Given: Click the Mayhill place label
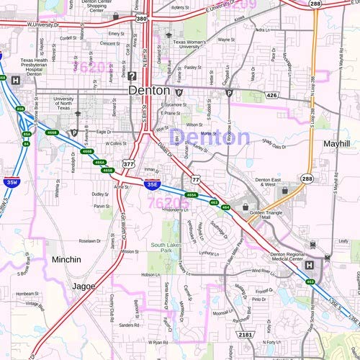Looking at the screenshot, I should click(x=336, y=143).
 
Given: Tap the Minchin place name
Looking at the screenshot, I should click(x=67, y=259).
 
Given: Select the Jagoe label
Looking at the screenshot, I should click(x=84, y=286).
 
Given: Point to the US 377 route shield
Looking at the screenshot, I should click(x=128, y=164).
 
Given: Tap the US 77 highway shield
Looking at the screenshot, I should click(x=195, y=178).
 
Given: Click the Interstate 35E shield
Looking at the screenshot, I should click(x=152, y=185).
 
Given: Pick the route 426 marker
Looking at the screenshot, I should click(x=271, y=95).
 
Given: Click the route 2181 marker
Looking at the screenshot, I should click(x=246, y=335).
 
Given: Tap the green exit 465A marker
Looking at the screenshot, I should click(x=191, y=195).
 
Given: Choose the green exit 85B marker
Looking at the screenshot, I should click(x=20, y=109).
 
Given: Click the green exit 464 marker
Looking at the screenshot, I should click(x=225, y=207).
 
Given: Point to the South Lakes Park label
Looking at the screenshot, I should click(x=166, y=248).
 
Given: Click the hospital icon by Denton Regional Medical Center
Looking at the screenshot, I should click(x=310, y=265).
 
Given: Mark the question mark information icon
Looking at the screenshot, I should click(x=132, y=75).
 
